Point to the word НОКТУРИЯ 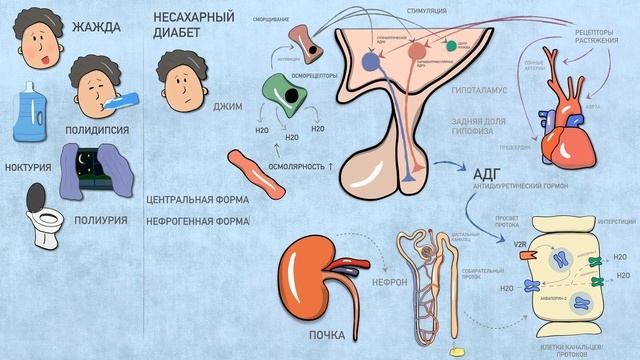click(x=29, y=167)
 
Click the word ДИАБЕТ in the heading click(x=176, y=34)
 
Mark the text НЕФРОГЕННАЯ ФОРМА click(x=197, y=219)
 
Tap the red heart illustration click(x=565, y=135)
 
